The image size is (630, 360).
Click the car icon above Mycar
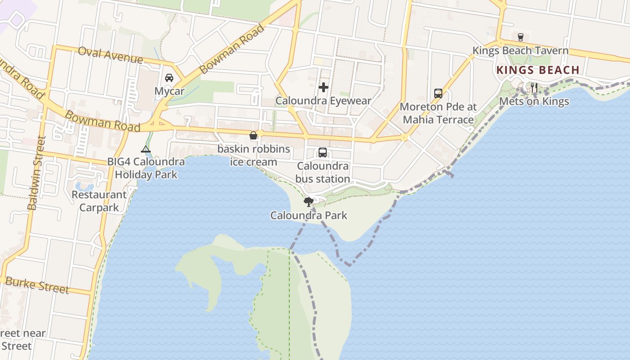click(x=169, y=77)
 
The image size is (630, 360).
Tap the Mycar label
click(x=169, y=91)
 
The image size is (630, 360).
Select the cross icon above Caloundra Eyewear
click(x=324, y=87)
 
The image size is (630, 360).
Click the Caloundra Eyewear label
click(x=323, y=101)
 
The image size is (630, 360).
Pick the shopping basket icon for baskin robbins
click(x=253, y=135)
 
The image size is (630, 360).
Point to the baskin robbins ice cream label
click(x=254, y=155)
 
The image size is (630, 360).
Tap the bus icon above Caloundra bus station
click(x=323, y=153)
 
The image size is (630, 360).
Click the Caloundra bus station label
click(x=323, y=172)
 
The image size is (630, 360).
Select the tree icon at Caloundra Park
click(x=308, y=202)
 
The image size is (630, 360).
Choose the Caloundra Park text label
click(x=309, y=216)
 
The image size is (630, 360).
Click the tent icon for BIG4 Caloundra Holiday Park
click(x=145, y=149)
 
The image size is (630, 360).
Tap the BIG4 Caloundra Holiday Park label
click(x=146, y=168)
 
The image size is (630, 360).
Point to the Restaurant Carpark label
click(x=99, y=201)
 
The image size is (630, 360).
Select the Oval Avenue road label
click(x=110, y=55)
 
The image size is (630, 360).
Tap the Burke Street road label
click(x=37, y=285)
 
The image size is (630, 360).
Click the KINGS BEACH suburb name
click(x=538, y=70)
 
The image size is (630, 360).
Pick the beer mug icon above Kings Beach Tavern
click(x=521, y=37)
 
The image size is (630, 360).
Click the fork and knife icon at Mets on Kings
click(x=534, y=88)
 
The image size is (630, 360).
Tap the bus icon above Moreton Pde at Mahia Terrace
click(x=438, y=94)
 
